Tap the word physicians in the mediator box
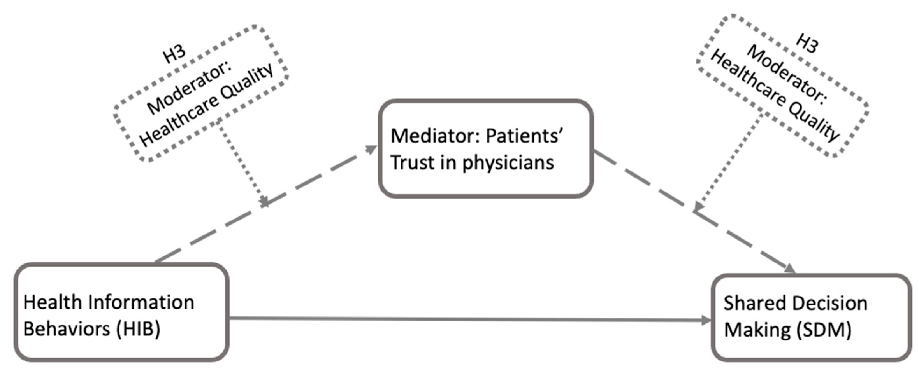[x=508, y=163]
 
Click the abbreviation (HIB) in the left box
[x=138, y=329]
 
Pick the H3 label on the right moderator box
[x=807, y=44]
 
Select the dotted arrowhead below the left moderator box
[x=264, y=201]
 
